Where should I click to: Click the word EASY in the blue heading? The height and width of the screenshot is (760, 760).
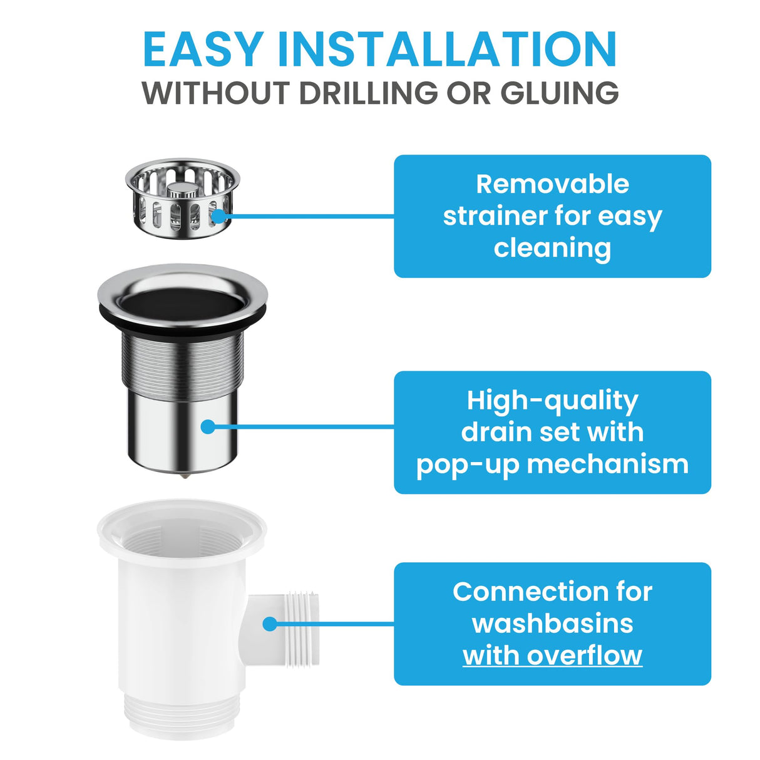202,49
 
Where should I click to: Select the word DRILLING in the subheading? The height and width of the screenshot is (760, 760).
368,93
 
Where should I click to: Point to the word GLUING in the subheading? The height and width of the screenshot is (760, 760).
559,93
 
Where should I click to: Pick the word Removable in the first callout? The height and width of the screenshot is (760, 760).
552,184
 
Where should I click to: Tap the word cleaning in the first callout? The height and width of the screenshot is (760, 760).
552,248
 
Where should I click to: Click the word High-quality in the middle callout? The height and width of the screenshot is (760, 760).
552,401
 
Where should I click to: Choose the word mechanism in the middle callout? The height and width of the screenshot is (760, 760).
607,465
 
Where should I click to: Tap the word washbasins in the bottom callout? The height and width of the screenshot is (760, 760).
552,624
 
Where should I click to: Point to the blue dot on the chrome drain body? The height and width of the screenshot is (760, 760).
208,427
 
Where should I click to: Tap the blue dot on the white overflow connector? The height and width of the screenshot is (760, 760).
270,624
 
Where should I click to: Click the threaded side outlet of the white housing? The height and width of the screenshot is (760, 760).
300,619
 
